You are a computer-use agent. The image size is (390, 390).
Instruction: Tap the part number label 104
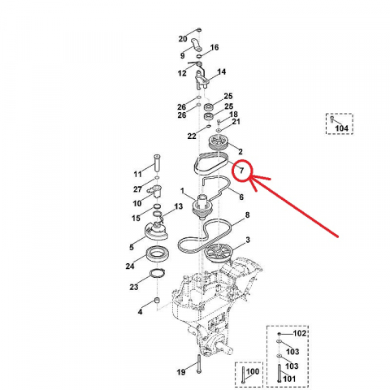341,128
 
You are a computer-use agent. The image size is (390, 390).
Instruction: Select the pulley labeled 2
219,142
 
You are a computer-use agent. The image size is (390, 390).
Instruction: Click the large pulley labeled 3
219,253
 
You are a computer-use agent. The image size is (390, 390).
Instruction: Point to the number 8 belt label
247,215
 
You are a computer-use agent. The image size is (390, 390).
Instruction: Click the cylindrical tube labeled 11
157,162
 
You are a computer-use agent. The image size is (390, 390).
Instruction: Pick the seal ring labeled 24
158,254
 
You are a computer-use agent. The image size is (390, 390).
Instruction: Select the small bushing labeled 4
157,301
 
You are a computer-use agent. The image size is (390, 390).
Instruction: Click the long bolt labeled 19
199,364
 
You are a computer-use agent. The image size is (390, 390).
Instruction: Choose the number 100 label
253,371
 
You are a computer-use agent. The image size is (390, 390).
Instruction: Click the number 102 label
300,333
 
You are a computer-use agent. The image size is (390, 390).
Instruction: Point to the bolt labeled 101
279,374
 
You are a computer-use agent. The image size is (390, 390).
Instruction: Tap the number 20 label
183,39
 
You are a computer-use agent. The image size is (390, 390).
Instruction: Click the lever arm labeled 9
197,45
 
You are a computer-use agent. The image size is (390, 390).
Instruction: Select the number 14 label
221,71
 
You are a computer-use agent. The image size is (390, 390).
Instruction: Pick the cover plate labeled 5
156,230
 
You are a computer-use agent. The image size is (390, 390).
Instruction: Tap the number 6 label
241,197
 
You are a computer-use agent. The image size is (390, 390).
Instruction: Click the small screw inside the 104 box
331,119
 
